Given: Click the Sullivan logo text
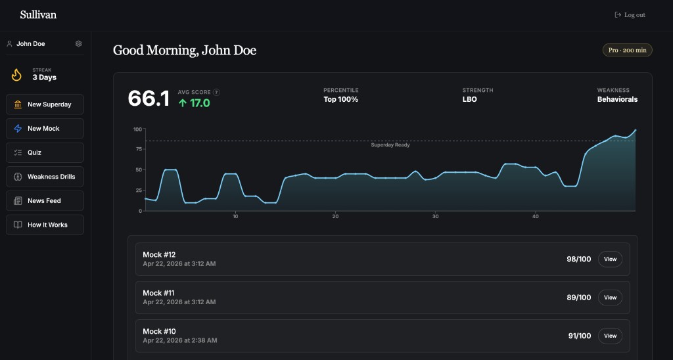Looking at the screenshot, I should (x=38, y=14).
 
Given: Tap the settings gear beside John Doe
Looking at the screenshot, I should (x=79, y=44).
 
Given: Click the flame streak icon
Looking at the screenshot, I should (x=17, y=74).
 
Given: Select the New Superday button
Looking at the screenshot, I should (x=45, y=104).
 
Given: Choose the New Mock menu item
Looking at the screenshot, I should (x=45, y=129).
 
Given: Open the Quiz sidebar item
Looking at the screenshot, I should (x=45, y=152).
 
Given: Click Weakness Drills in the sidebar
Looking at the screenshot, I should (x=45, y=177).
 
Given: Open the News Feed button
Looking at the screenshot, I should (x=45, y=201).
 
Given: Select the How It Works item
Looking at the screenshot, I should (x=45, y=225).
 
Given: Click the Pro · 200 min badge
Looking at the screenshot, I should (x=627, y=50).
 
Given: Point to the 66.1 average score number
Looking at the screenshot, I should (x=149, y=99).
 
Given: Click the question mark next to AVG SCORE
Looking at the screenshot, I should (x=216, y=93).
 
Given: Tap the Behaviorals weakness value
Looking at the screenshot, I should (x=617, y=100).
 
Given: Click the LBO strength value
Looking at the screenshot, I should (x=469, y=100).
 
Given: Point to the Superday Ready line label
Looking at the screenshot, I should (x=390, y=145).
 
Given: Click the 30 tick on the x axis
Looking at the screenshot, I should (x=435, y=217).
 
